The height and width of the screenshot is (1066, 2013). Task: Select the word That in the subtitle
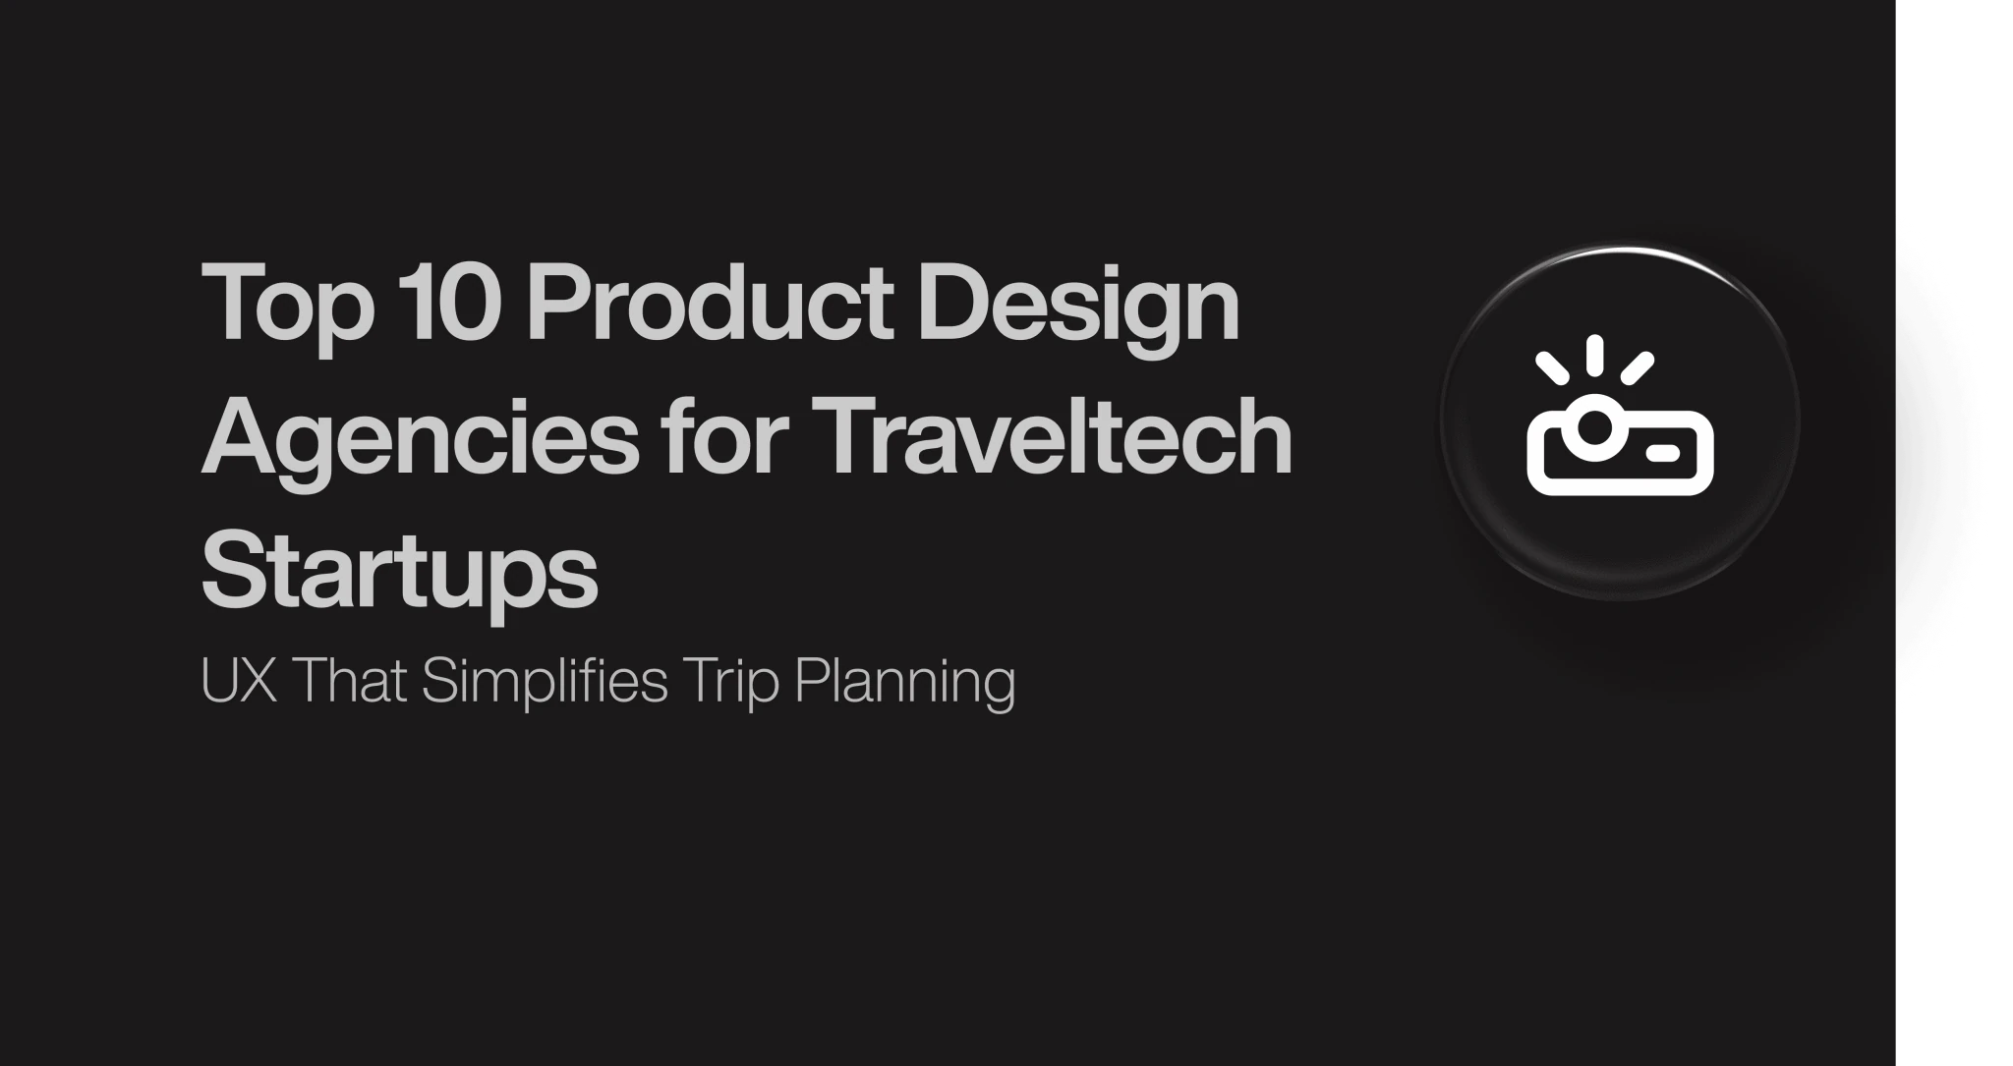tap(350, 679)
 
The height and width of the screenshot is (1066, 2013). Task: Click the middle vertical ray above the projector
tap(1595, 354)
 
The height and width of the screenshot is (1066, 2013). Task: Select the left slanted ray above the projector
tap(1552, 367)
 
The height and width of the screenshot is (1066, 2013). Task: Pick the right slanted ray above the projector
tap(1638, 367)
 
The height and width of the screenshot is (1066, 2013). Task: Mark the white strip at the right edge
tap(1954, 533)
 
